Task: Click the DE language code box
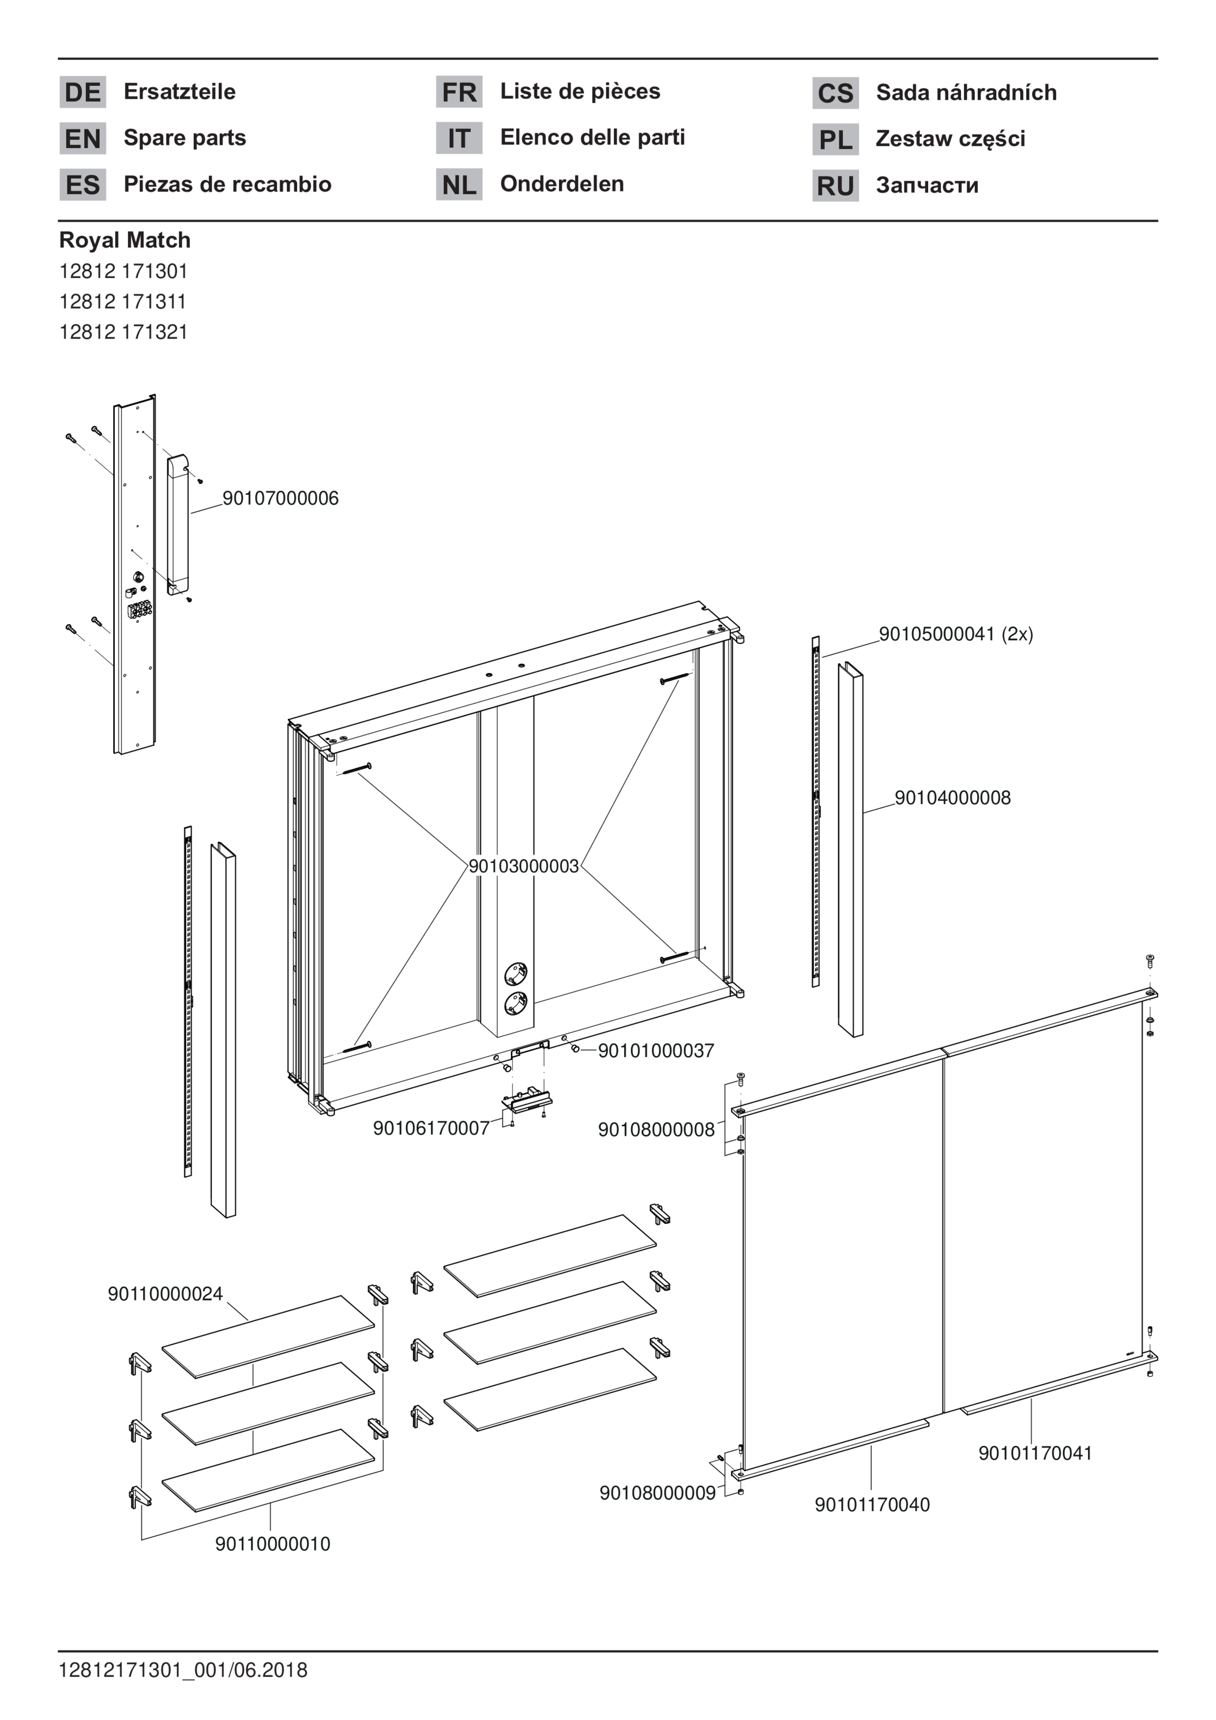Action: (82, 92)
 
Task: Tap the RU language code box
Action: (835, 186)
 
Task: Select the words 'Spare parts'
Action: (185, 138)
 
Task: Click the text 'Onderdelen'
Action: (562, 183)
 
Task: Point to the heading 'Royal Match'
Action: (125, 241)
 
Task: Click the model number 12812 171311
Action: (123, 301)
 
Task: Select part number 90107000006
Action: (280, 498)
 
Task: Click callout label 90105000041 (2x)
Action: (955, 634)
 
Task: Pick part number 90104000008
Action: (952, 798)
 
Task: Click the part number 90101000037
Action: (655, 1051)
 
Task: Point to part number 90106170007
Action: (431, 1128)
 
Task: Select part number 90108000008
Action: (656, 1130)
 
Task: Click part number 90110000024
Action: (166, 1294)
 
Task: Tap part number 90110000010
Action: (273, 1544)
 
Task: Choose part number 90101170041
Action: (1035, 1454)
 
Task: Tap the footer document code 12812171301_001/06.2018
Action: (183, 1670)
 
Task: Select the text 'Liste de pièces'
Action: (580, 91)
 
